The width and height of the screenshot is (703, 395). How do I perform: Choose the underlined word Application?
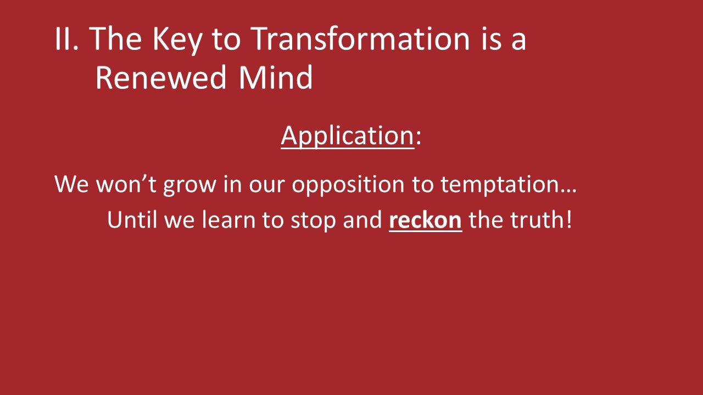click(x=347, y=136)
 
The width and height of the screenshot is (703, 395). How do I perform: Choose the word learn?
click(x=226, y=220)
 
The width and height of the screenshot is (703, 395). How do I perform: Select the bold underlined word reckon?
click(x=425, y=220)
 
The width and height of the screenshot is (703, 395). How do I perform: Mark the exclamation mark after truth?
click(x=568, y=220)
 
